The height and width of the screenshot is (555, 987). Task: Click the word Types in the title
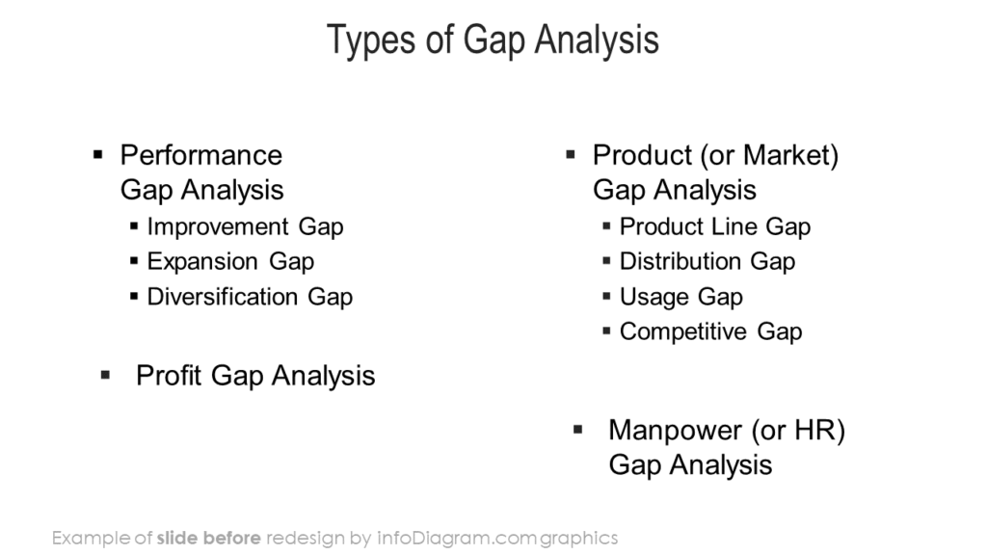371,40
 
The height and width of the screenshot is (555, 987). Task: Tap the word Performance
201,155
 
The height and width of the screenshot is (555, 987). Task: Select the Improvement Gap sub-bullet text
246,227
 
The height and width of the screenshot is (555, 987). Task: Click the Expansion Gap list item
230,262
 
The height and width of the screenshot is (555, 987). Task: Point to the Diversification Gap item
250,297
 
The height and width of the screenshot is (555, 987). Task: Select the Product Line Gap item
715,227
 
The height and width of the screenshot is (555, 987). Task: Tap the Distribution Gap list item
707,262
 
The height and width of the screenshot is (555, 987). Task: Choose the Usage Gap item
681,297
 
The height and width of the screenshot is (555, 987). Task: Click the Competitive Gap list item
710,331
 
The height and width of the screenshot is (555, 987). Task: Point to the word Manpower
676,431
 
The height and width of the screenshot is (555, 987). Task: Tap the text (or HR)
798,431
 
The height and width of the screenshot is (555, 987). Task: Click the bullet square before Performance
97,154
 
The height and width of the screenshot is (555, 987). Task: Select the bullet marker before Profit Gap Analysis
105,375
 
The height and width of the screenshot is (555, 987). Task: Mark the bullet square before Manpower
578,430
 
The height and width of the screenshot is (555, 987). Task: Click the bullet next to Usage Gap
606,296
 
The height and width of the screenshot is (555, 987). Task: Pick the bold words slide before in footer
208,538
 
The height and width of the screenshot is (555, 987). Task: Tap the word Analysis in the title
597,40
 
